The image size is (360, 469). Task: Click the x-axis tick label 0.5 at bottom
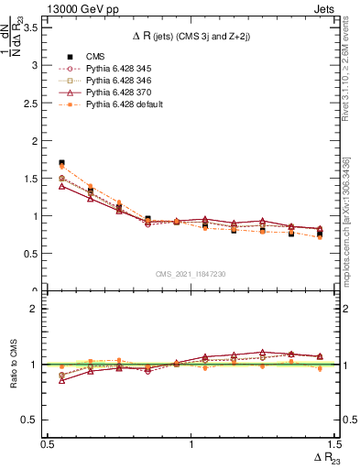click(x=48, y=443)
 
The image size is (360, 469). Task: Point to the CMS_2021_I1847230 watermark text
click(x=191, y=274)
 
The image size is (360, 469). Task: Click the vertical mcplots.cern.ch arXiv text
click(x=347, y=220)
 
